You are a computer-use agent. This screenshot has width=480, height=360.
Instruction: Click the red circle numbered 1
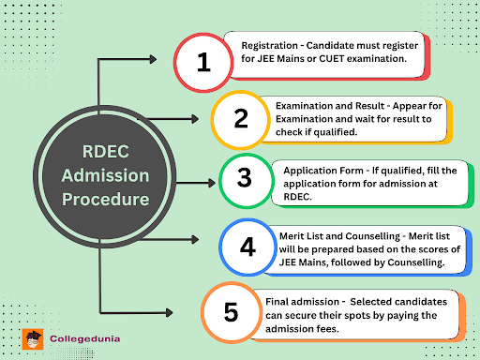tap(202, 62)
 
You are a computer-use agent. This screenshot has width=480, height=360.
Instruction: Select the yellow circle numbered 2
tap(240, 119)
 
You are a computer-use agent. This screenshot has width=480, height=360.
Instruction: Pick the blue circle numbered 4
tap(247, 247)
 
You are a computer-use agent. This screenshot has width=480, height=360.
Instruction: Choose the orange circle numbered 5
tap(230, 310)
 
